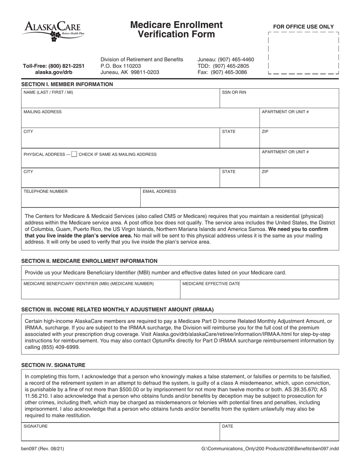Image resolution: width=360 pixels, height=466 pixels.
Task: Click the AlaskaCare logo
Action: (53, 31)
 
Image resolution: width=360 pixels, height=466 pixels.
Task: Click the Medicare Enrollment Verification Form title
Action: (176, 30)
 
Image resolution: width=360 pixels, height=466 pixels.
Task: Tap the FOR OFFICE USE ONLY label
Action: (304, 27)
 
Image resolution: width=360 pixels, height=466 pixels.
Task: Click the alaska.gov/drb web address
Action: (53, 72)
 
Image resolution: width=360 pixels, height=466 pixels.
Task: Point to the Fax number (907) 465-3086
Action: (222, 72)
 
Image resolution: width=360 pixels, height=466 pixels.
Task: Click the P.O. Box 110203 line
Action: (121, 66)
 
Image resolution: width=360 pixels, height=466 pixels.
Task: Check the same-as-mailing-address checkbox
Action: (74, 154)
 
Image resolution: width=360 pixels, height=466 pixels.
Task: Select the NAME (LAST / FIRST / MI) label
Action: (48, 92)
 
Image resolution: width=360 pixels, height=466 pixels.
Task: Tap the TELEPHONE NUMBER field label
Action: (45, 191)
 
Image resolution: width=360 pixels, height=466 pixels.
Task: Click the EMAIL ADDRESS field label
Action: (159, 191)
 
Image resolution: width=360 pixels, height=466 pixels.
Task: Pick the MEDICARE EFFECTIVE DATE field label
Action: (211, 284)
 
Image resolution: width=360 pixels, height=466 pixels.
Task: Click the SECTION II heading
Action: (89, 261)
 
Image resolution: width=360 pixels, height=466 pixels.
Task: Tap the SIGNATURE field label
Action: (36, 426)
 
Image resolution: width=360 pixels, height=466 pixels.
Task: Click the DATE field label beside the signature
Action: (227, 426)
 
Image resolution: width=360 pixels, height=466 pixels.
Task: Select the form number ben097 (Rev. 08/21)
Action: (42, 449)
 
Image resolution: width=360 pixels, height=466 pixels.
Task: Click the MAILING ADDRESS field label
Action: (42, 112)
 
